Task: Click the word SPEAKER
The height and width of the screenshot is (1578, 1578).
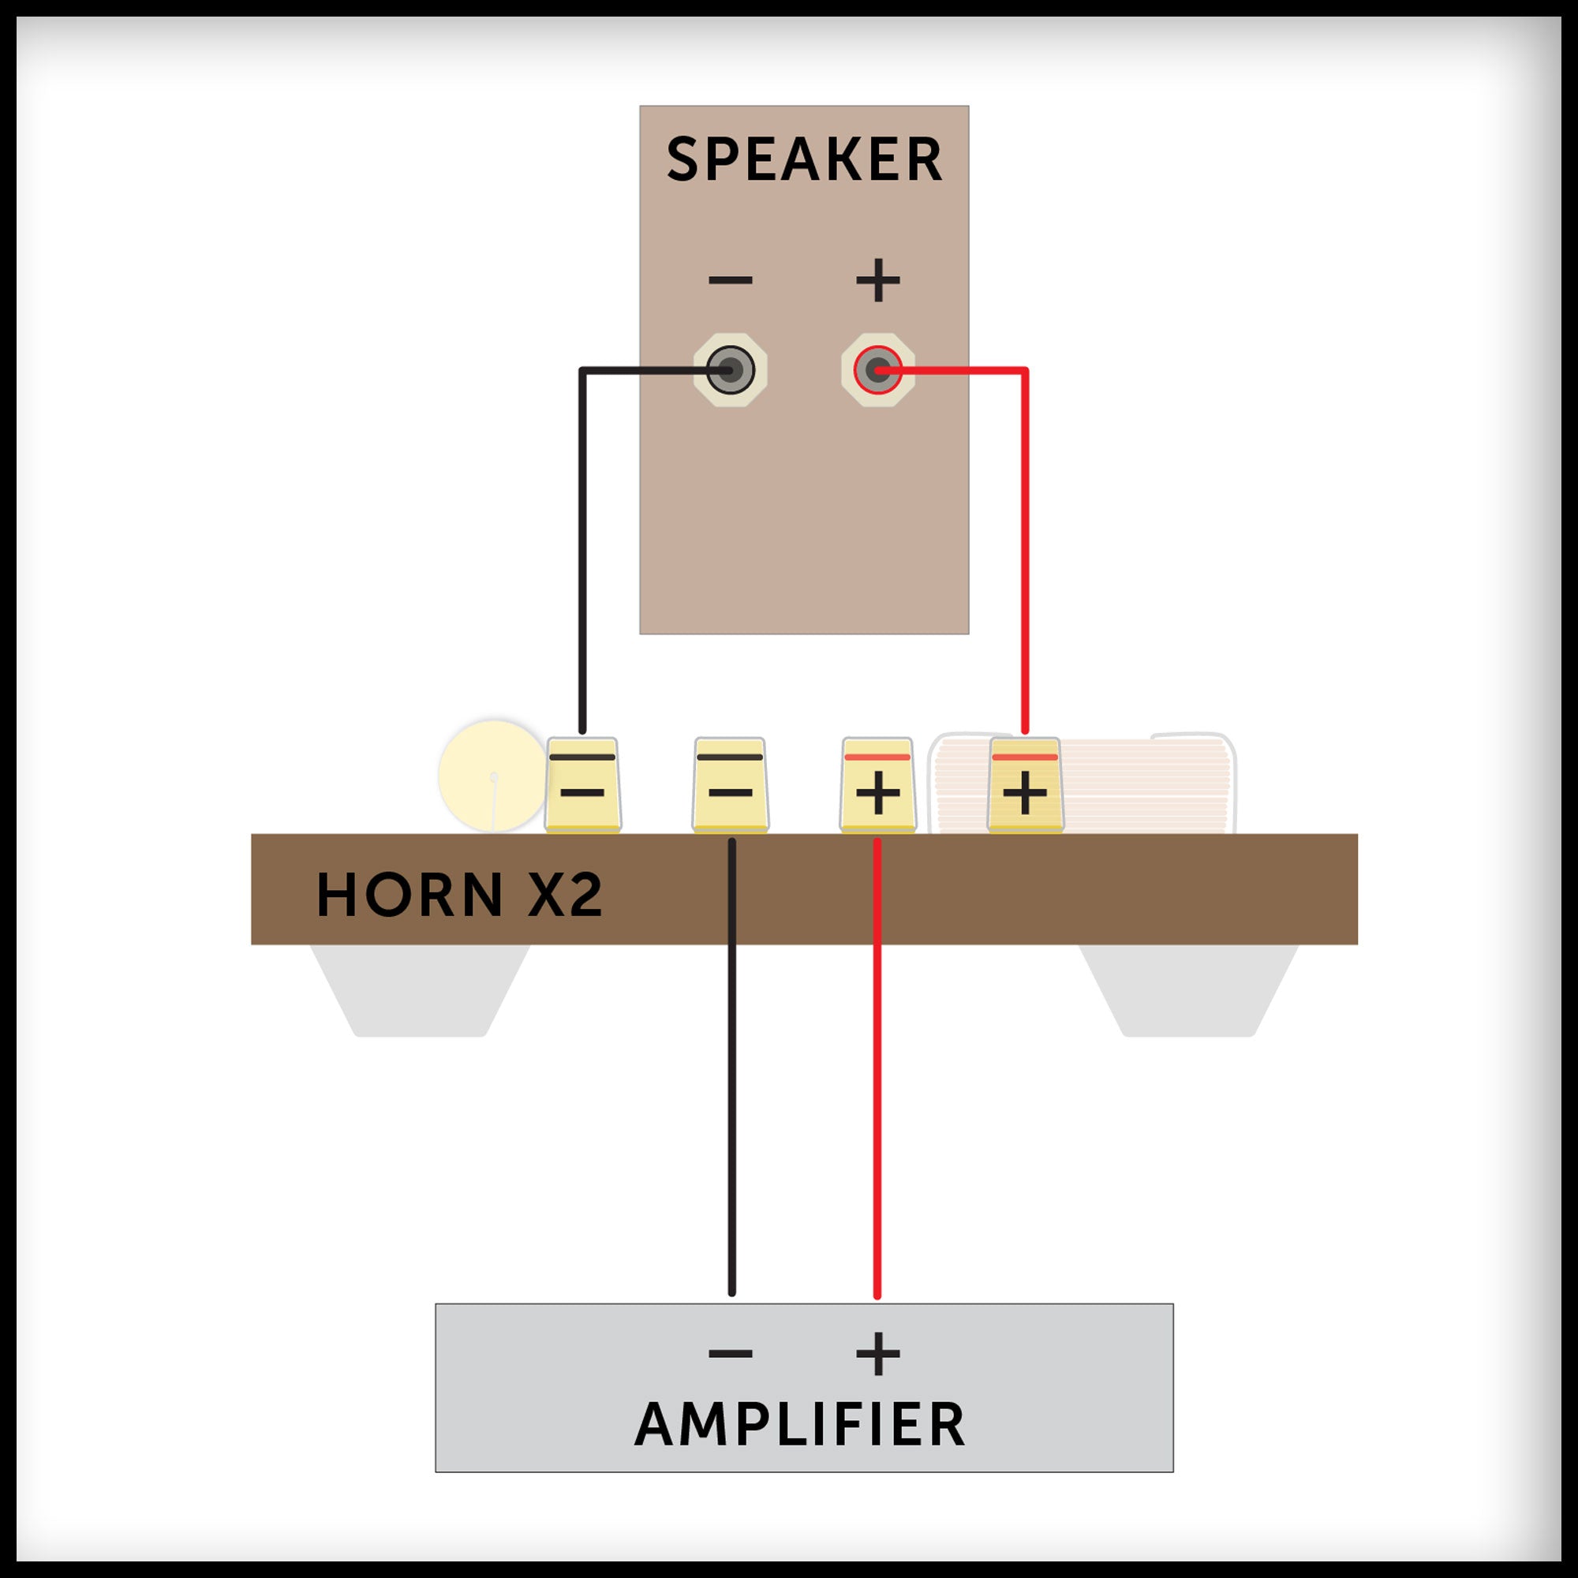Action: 805,159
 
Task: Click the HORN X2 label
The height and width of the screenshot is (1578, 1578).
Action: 459,895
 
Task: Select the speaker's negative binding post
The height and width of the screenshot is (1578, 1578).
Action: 729,370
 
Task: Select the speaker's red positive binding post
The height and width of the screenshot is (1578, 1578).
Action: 878,370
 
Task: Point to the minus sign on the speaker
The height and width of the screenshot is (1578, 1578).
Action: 730,280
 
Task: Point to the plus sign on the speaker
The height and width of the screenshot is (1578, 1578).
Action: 878,280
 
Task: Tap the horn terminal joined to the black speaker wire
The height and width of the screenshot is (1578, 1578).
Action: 582,785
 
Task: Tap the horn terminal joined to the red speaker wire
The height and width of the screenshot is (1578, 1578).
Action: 1025,785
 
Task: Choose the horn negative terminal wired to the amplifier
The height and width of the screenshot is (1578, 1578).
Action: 730,785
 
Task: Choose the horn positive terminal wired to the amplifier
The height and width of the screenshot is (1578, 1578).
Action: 878,785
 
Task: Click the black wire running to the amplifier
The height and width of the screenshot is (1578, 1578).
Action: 732,1103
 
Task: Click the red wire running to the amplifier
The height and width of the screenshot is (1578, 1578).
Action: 877,1103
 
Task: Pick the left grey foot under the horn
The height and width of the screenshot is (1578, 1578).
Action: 421,990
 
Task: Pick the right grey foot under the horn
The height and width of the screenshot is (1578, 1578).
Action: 1189,990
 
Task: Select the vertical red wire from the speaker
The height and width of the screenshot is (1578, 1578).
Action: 1025,555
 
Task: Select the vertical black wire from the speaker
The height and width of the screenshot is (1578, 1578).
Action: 582,555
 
